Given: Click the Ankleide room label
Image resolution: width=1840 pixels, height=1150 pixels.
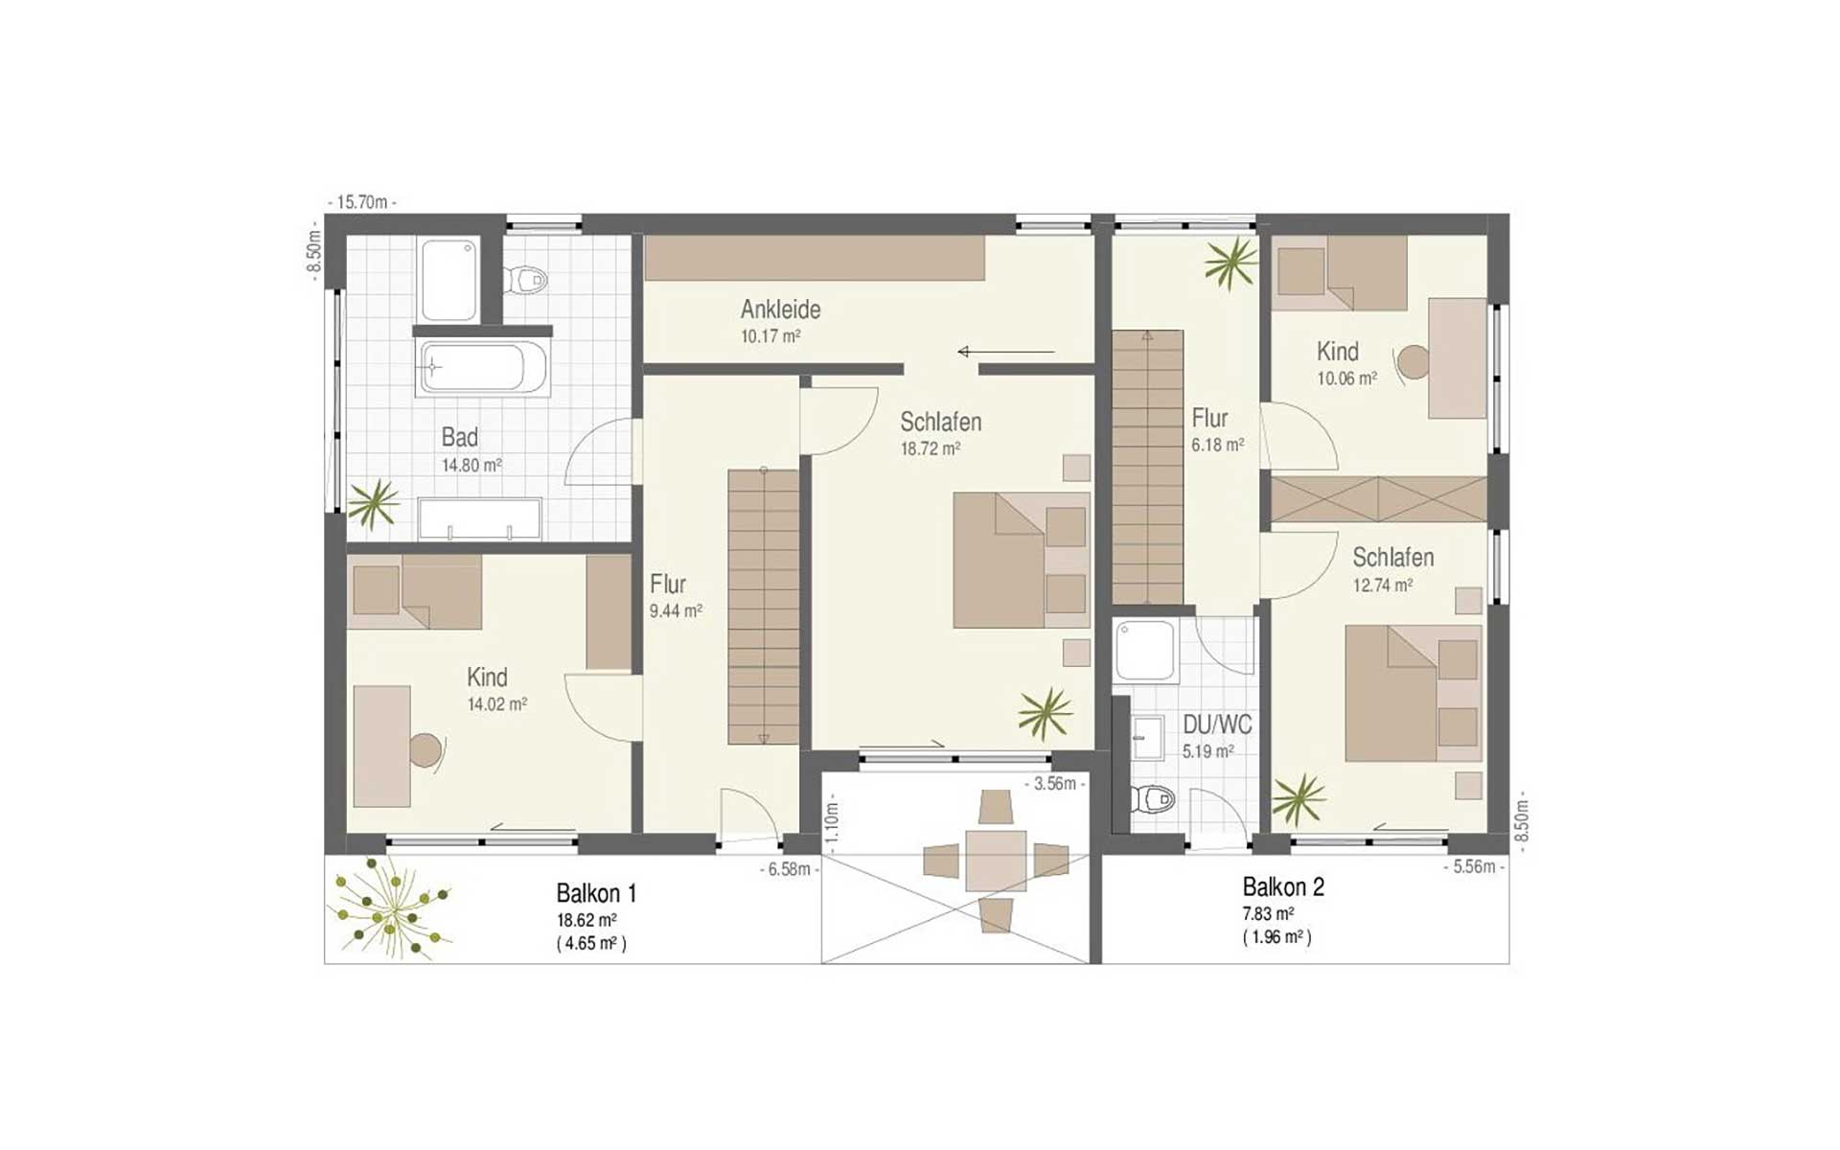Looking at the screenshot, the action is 780,310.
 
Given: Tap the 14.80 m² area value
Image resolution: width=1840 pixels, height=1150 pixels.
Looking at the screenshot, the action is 471,466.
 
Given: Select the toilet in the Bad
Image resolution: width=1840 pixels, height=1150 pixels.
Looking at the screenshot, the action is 525,280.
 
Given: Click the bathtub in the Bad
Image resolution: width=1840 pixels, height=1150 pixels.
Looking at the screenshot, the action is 483,367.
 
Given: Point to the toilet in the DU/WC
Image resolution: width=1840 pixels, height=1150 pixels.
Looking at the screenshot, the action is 1153,798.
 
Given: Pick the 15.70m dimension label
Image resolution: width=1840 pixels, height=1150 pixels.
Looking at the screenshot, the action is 362,202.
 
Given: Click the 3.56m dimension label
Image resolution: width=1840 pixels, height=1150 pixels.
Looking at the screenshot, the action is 1055,784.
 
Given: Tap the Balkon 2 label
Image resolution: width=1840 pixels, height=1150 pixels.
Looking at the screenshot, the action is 1283,886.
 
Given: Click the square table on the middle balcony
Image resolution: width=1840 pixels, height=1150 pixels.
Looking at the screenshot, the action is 996,861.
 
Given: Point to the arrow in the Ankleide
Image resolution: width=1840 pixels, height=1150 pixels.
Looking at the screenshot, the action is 1006,352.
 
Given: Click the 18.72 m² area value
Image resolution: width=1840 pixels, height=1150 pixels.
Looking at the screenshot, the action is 931,448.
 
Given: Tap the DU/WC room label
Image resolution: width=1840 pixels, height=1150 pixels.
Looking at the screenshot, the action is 1217,724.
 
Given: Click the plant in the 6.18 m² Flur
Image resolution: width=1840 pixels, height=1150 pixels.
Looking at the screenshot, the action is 1230,263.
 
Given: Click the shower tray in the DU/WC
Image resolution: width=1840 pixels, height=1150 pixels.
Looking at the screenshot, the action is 1147,652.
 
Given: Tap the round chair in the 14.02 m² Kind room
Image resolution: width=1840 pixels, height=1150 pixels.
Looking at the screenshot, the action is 425,749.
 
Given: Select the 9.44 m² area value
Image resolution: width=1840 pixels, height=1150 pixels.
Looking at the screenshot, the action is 676,610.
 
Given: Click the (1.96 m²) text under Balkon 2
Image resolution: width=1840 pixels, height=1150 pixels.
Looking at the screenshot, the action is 1277,937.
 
